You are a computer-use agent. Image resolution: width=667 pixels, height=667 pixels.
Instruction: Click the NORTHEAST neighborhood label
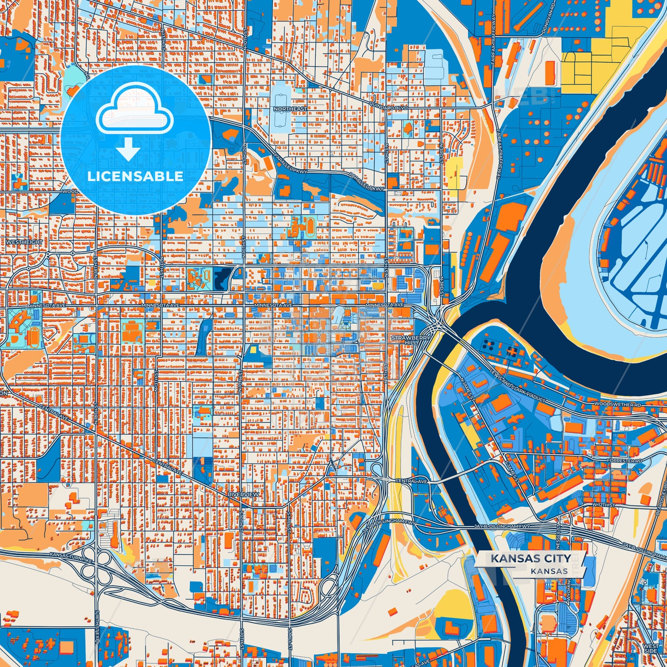pyautogui.click(x=290, y=109)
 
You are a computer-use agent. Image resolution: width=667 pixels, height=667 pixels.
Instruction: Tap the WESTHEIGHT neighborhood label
pyautogui.click(x=24, y=242)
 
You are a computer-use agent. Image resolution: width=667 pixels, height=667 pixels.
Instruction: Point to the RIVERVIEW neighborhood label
pyautogui.click(x=243, y=494)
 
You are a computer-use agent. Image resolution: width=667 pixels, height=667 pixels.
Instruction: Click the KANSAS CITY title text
pyautogui.click(x=530, y=559)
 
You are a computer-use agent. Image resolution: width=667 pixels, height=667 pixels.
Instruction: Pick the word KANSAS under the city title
pyautogui.click(x=549, y=571)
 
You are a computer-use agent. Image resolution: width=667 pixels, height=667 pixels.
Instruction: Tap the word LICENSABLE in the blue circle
pyautogui.click(x=135, y=176)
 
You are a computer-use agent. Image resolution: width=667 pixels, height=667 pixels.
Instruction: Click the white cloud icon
pyautogui.click(x=134, y=112)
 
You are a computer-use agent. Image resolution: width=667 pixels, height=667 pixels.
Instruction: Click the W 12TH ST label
pyautogui.click(x=603, y=505)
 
